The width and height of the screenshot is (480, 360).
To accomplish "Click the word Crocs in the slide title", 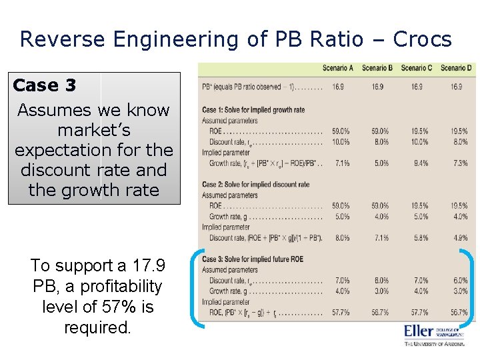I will tap(423, 39).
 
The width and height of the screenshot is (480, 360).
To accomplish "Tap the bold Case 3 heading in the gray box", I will tap(45, 85).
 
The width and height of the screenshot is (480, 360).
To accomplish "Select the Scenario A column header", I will tap(338, 68).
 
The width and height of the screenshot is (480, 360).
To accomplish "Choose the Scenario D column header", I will tap(457, 68).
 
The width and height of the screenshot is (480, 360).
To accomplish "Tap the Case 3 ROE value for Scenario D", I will tap(458, 313).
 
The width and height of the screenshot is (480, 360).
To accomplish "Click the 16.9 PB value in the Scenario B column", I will tap(378, 87).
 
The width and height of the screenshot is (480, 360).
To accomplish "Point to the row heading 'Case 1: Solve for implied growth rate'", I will tap(253, 110).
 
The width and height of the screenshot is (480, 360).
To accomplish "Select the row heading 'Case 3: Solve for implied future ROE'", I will tap(253, 259).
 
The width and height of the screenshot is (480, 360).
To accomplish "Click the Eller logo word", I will tap(419, 331).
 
